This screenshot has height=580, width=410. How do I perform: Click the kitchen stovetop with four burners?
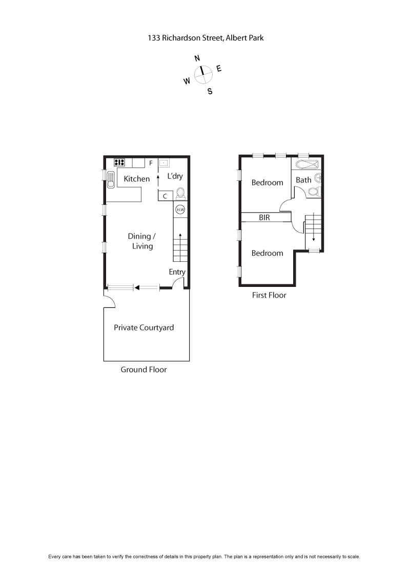click(119, 162)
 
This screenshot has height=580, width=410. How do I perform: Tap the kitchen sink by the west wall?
click(111, 179)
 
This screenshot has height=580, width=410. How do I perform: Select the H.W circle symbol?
click(180, 209)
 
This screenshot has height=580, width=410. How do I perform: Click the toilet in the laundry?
click(180, 194)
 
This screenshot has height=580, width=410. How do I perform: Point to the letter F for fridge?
click(151, 163)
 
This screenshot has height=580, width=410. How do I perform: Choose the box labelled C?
click(165, 196)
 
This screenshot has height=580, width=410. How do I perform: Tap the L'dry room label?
click(175, 176)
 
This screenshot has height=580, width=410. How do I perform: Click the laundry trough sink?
click(163, 163)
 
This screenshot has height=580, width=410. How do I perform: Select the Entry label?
click(177, 272)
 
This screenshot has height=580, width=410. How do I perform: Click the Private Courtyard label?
click(143, 327)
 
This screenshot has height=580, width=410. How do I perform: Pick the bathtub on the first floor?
click(306, 164)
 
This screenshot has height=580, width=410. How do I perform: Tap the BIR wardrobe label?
click(264, 218)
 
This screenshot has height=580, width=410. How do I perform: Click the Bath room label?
click(303, 180)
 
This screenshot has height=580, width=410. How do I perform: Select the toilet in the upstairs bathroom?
click(313, 192)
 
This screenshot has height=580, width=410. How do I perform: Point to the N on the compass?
click(197, 58)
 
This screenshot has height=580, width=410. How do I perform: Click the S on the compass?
click(210, 92)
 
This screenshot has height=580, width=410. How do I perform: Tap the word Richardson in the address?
click(181, 37)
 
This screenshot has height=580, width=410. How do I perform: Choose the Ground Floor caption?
click(143, 369)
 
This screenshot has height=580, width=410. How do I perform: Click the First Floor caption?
click(269, 295)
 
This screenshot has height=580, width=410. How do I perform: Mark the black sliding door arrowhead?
click(137, 288)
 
